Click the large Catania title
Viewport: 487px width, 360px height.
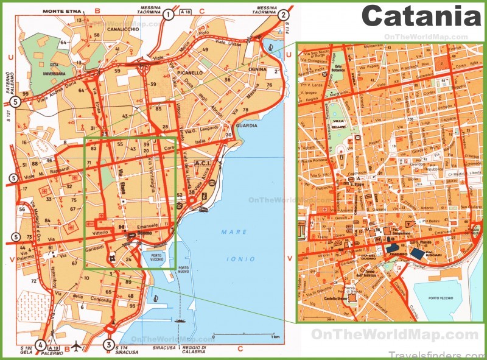pos(421,16)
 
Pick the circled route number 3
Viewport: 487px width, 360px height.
pos(110,344)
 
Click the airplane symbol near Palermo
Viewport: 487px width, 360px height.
pos(76,345)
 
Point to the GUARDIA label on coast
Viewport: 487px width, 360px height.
pos(246,126)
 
